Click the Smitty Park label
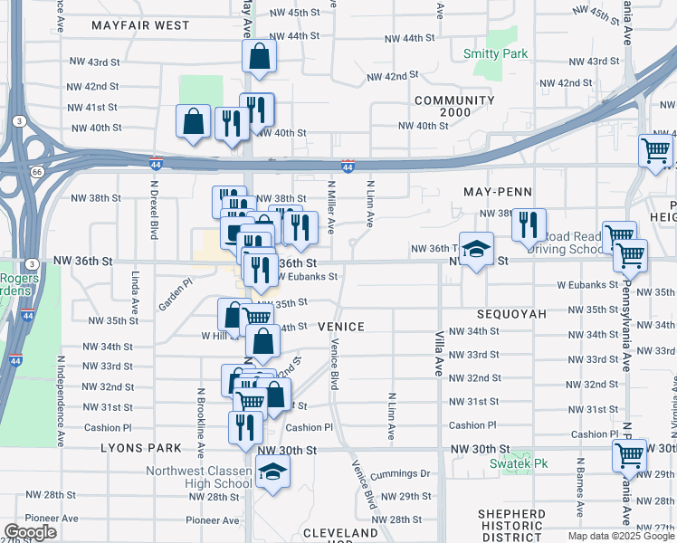pyautogui.click(x=495, y=54)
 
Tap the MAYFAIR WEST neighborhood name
pyautogui.click(x=140, y=25)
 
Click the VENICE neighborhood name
pyautogui.click(x=340, y=327)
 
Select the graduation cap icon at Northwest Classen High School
pyautogui.click(x=271, y=472)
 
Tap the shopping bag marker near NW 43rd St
pyautogui.click(x=259, y=56)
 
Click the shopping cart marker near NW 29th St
pyautogui.click(x=630, y=455)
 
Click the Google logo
pyautogui.click(x=30, y=532)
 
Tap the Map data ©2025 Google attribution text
pyautogui.click(x=620, y=536)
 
